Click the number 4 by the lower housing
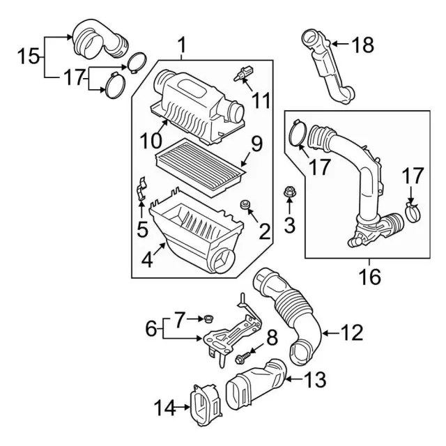point(146,261)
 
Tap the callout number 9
point(256,144)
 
